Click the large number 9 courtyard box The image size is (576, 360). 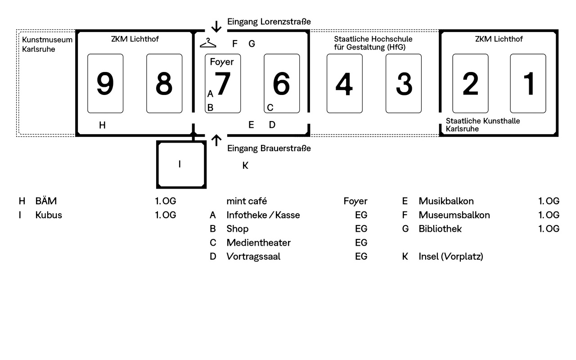105,83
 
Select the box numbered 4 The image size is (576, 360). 344,83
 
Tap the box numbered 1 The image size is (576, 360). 528,83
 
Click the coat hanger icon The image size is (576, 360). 208,43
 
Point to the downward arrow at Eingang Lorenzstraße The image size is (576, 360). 216,26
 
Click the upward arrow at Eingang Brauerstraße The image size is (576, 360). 216,140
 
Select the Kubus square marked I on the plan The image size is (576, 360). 181,164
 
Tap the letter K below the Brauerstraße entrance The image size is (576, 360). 245,166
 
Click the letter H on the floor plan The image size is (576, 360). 102,125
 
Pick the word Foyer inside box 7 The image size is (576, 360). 222,62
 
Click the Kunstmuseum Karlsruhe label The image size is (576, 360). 47,44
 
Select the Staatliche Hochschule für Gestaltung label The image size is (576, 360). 373,43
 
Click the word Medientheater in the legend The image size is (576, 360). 258,243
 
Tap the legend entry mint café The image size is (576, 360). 247,201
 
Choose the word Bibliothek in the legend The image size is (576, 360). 440,229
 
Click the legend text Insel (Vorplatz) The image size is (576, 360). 450,256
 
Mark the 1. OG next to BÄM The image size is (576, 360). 166,201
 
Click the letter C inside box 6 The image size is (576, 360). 270,108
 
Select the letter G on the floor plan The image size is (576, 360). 252,44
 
